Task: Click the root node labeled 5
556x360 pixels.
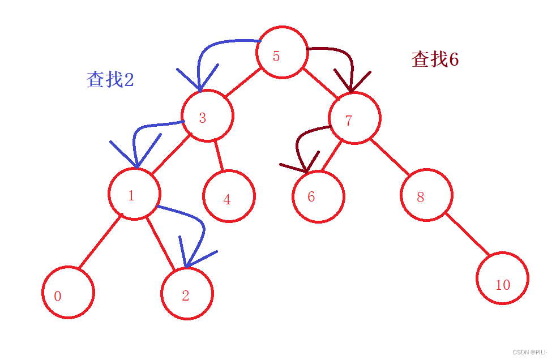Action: (281, 53)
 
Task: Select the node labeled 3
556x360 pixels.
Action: (207, 115)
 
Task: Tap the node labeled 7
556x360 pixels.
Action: (354, 118)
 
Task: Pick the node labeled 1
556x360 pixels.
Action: (134, 194)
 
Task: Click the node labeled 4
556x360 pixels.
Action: (229, 196)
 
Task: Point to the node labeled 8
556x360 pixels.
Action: (426, 195)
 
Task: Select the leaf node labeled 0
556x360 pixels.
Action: (68, 293)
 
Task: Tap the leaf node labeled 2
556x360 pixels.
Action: (187, 294)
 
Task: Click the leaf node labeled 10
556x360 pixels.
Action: (502, 278)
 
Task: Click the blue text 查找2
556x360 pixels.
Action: (110, 79)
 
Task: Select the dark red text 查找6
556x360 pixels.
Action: (435, 59)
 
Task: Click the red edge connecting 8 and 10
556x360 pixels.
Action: (467, 233)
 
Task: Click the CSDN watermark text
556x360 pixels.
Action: (530, 352)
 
